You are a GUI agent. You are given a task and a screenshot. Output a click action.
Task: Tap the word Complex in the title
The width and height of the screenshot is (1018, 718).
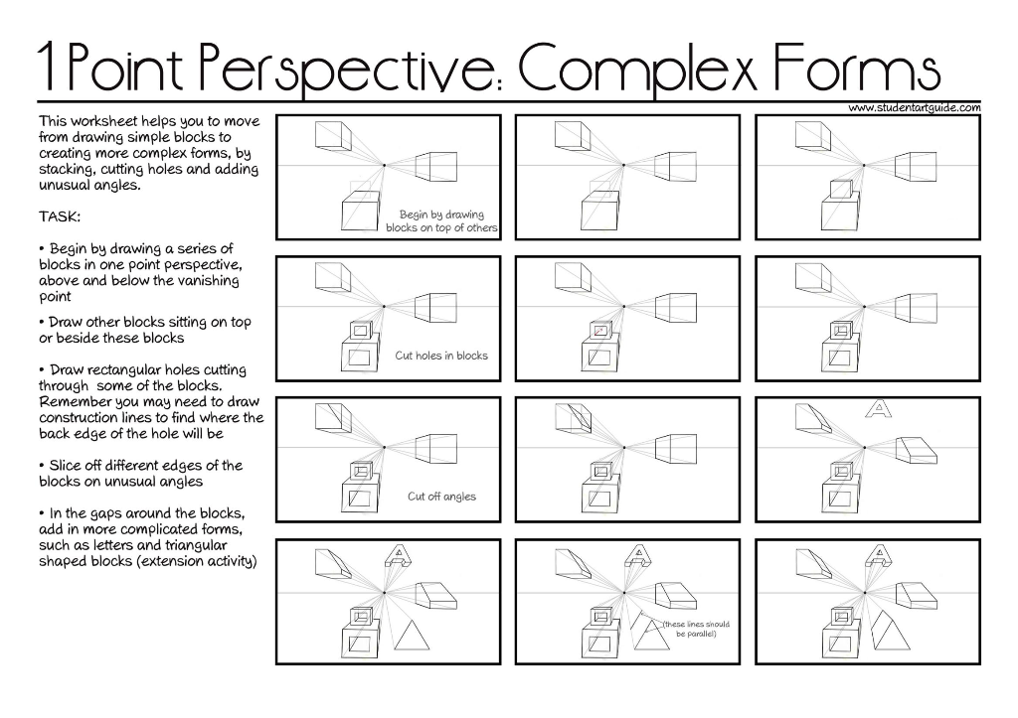(638, 69)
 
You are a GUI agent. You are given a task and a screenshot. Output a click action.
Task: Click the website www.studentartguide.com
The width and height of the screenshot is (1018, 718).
(915, 107)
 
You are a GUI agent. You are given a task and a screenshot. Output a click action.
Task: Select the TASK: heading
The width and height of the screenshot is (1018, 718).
(59, 216)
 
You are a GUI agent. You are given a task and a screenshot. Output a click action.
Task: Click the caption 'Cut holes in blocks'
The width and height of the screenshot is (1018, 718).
(441, 356)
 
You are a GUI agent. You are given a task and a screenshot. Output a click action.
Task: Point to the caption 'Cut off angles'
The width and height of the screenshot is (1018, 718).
(441, 497)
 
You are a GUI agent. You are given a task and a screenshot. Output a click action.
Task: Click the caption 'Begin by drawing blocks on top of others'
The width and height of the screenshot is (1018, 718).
(441, 221)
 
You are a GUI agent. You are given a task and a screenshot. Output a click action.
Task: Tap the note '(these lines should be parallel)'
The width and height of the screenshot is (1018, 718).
(696, 629)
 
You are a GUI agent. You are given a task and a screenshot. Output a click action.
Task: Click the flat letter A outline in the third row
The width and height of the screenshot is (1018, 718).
(879, 408)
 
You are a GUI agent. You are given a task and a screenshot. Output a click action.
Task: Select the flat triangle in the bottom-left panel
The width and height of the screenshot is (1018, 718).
(412, 636)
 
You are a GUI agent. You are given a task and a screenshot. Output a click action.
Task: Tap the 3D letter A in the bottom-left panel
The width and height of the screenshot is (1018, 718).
(399, 556)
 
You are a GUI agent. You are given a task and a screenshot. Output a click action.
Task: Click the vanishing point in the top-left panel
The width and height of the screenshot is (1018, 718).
(384, 166)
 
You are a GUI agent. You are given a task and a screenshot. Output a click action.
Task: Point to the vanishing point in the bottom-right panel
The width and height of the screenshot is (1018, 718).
(864, 592)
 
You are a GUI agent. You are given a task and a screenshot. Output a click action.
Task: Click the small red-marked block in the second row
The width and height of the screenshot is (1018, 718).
(601, 330)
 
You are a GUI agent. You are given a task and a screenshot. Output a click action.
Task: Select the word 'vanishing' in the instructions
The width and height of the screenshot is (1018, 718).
(208, 281)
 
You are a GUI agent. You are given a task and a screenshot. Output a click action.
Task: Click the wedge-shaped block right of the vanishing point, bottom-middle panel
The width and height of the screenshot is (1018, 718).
(676, 596)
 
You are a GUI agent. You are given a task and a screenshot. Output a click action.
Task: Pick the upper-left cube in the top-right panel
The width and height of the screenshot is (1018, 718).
(813, 136)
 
